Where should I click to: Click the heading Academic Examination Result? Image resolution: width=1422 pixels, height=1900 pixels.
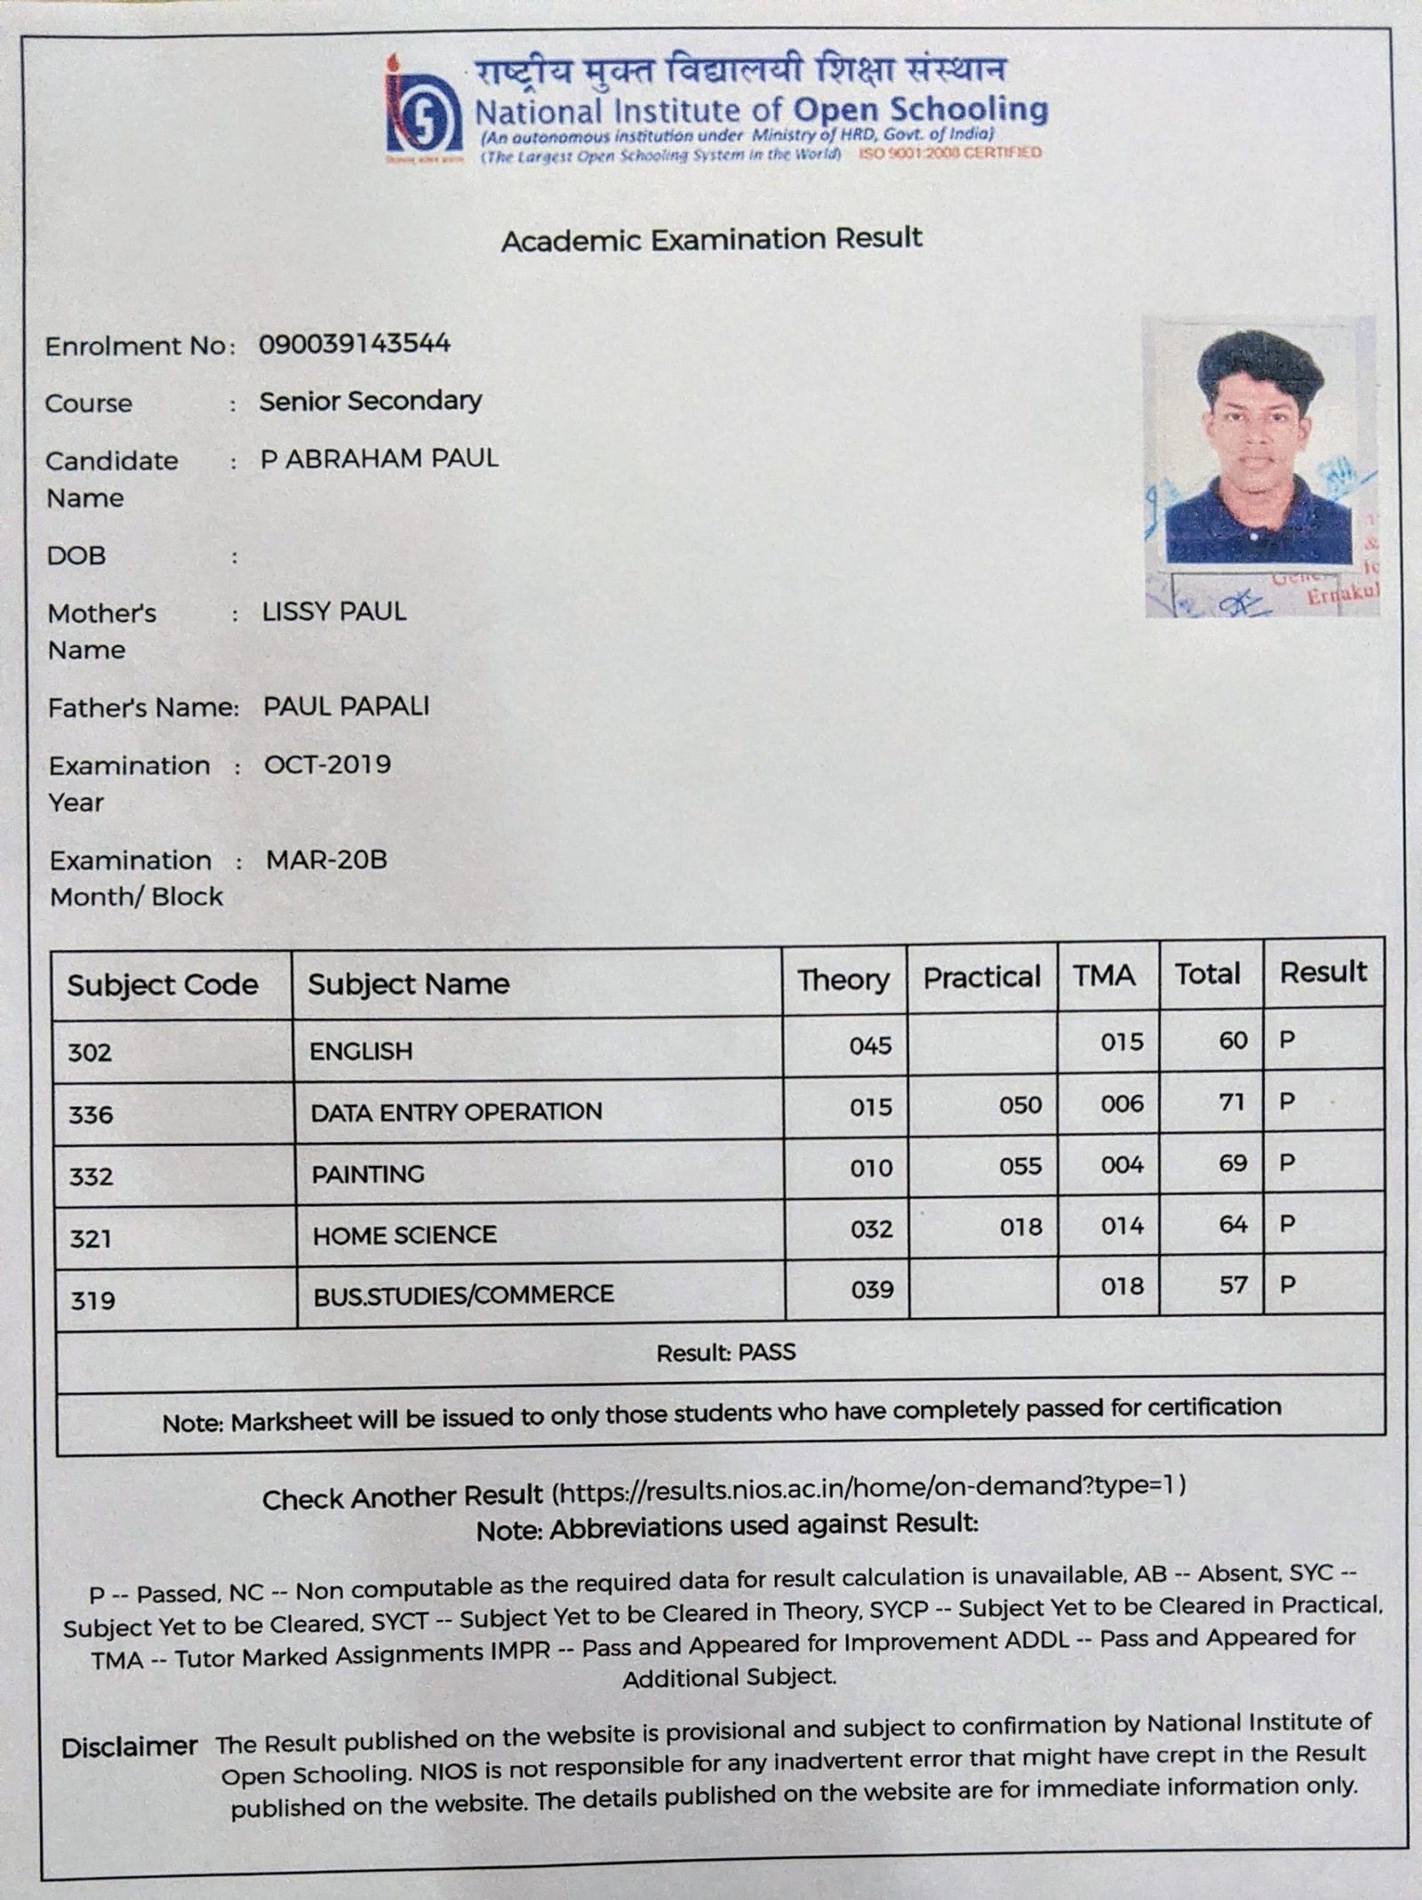(711, 239)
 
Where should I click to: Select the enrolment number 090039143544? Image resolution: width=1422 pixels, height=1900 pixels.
(355, 344)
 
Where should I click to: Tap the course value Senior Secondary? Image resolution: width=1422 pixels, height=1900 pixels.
(370, 401)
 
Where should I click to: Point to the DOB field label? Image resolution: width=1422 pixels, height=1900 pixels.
(76, 556)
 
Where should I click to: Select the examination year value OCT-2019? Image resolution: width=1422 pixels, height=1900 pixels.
(327, 764)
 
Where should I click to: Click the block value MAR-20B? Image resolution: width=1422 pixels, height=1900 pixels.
(326, 860)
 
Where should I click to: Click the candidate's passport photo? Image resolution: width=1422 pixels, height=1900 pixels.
(1259, 467)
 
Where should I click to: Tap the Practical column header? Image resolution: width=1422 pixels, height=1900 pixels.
(981, 978)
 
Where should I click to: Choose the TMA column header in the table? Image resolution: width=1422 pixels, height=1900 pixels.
(1103, 976)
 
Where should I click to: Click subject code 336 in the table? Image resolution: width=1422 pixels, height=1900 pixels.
(91, 1114)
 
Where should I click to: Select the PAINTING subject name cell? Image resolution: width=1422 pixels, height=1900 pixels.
(368, 1175)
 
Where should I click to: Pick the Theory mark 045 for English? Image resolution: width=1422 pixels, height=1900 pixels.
(870, 1045)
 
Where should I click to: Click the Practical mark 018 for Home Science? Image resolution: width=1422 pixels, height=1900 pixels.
(1020, 1227)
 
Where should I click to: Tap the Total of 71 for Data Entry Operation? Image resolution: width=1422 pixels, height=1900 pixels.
(1233, 1103)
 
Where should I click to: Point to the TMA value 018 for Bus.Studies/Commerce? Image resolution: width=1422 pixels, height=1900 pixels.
(1122, 1286)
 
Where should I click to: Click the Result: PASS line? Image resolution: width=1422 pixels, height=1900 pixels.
(725, 1353)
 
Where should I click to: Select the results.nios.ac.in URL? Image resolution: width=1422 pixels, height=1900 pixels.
(868, 1486)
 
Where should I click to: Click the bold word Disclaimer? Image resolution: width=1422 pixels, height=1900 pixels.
(129, 1747)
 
